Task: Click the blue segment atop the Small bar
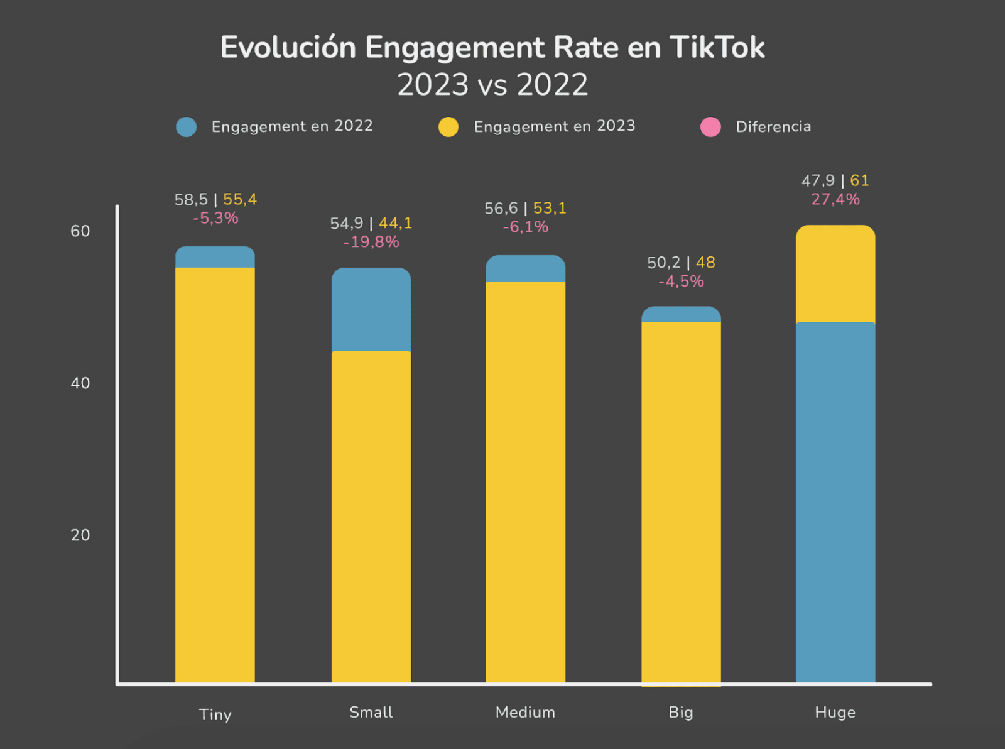point(371,309)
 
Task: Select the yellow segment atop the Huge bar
point(835,274)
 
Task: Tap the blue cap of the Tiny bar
point(215,257)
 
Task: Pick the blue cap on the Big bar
point(681,314)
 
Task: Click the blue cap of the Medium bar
point(525,268)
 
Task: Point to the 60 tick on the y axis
point(80,231)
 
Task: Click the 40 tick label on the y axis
point(80,383)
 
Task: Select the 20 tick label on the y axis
point(80,535)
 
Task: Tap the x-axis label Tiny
point(215,714)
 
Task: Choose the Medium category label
point(525,712)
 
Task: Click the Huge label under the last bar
point(835,712)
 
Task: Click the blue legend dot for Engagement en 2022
point(187,127)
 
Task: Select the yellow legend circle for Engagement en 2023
point(448,127)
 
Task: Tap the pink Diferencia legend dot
point(710,127)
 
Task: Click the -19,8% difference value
point(371,242)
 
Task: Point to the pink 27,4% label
point(835,199)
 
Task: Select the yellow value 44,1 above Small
point(395,223)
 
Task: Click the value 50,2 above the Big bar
point(663,263)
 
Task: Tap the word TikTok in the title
point(717,48)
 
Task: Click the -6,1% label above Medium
point(526,227)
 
